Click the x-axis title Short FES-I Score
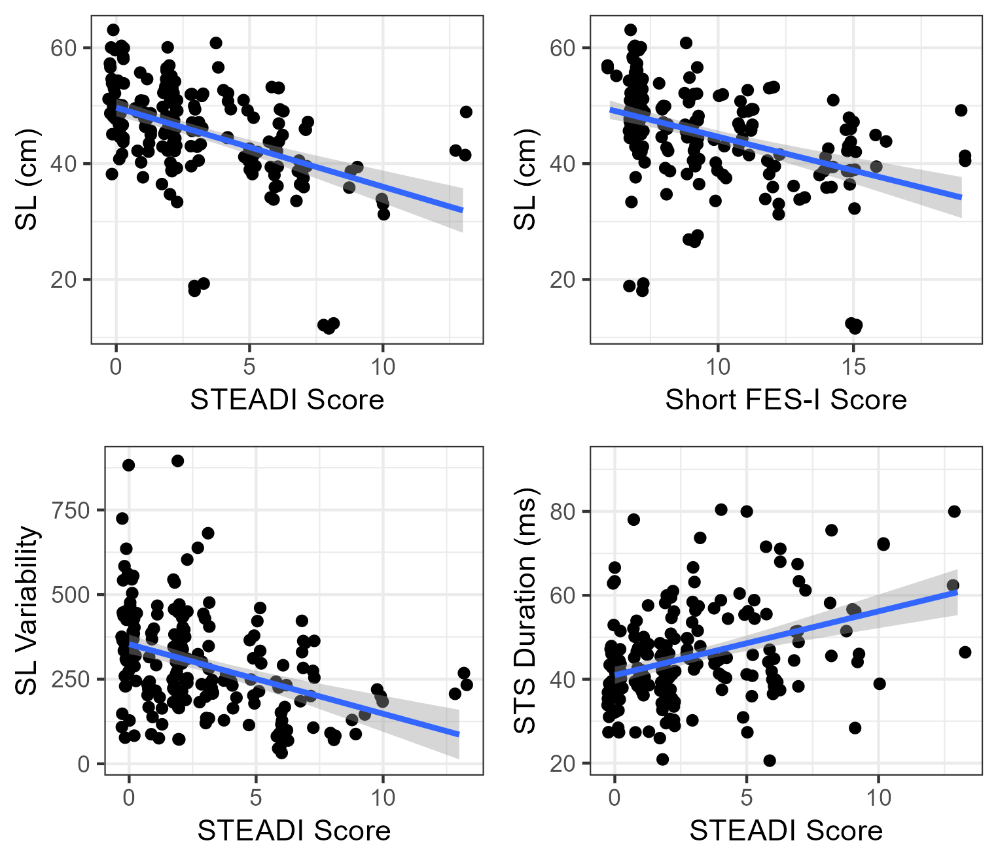point(785,400)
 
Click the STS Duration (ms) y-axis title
point(525,610)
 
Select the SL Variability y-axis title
point(26,610)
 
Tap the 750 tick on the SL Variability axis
point(70,510)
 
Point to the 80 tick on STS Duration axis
point(562,511)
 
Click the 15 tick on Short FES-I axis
point(853,366)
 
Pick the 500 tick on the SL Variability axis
point(70,595)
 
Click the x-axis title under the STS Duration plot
point(785,831)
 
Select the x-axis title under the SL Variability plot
point(294,831)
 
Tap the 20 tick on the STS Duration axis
point(562,763)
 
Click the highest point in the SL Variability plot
point(177,461)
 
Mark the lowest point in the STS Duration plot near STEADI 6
point(770,760)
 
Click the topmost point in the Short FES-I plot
point(630,30)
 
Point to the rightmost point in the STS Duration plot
point(965,652)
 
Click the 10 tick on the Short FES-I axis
point(717,366)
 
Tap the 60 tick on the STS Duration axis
point(562,595)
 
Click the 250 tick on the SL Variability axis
point(70,679)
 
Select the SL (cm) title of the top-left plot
point(26,180)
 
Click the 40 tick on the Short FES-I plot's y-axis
point(562,164)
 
